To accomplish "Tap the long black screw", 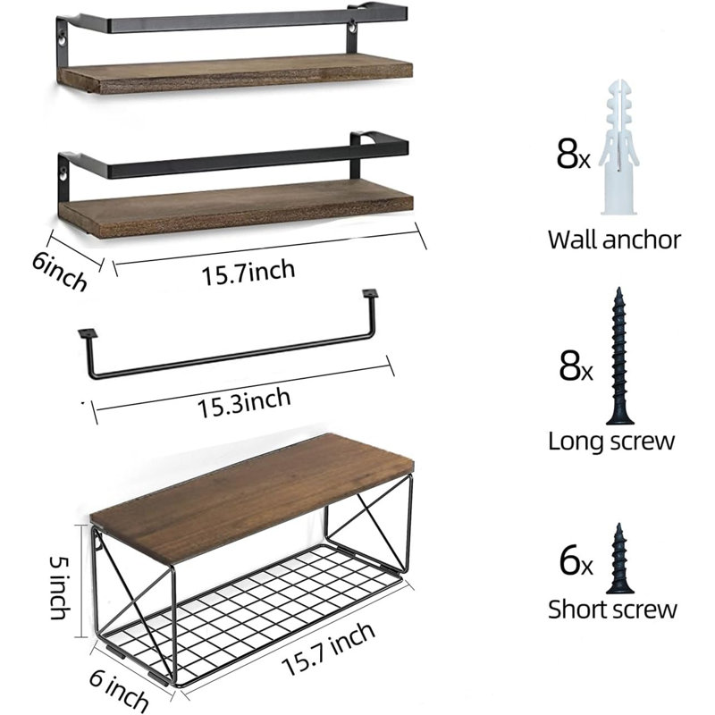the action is [x=619, y=356].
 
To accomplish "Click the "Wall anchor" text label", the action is [x=614, y=240].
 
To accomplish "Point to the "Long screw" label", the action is [x=611, y=442].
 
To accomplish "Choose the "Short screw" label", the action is [x=612, y=610].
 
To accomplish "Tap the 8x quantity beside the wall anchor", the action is [x=573, y=154].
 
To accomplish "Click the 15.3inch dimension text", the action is [x=244, y=403].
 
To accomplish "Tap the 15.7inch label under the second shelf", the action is [x=248, y=273].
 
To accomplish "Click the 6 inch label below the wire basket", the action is [x=119, y=694].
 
